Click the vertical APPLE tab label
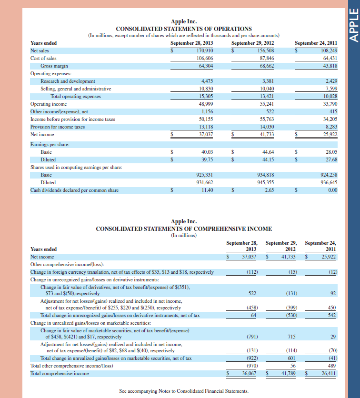(x=353, y=24)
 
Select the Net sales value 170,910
(x=204, y=50)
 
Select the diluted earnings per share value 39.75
(x=207, y=159)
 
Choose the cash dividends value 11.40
(x=207, y=190)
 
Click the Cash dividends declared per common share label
(x=74, y=190)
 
